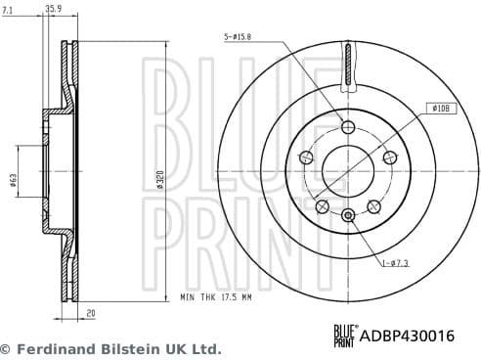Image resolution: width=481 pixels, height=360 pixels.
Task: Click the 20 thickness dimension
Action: (91, 314)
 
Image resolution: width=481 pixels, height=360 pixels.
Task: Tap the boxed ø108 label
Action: (440, 109)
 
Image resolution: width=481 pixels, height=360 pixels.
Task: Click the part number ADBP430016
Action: (408, 336)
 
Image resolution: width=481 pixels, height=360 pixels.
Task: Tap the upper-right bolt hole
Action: (389, 157)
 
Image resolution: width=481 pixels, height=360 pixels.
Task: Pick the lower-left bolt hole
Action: (323, 204)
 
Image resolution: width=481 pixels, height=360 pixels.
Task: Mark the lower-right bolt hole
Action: (373, 204)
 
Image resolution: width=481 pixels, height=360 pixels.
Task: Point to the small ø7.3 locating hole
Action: (348, 214)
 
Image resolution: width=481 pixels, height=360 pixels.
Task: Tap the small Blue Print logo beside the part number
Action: (343, 336)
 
